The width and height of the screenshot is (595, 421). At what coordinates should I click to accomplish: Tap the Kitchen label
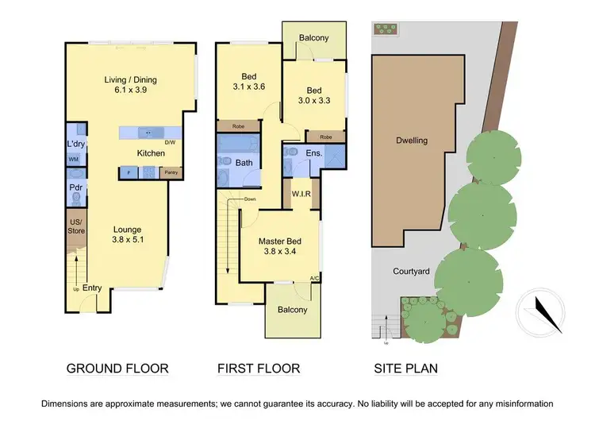click(152, 153)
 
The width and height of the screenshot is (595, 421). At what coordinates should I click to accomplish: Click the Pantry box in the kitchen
click(170, 172)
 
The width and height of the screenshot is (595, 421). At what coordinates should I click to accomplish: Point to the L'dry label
click(76, 144)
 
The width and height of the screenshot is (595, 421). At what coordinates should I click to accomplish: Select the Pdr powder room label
click(76, 187)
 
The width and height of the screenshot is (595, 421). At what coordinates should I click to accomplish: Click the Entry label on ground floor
click(92, 288)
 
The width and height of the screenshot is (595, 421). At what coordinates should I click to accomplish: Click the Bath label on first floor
click(244, 162)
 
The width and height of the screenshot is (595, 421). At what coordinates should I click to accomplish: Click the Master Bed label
click(279, 241)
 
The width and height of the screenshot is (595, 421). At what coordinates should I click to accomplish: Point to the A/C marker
click(315, 278)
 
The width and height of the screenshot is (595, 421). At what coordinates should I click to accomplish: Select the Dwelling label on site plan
click(412, 141)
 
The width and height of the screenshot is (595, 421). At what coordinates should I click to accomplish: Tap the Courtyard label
click(412, 272)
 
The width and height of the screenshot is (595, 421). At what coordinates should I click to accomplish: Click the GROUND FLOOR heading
click(117, 369)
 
